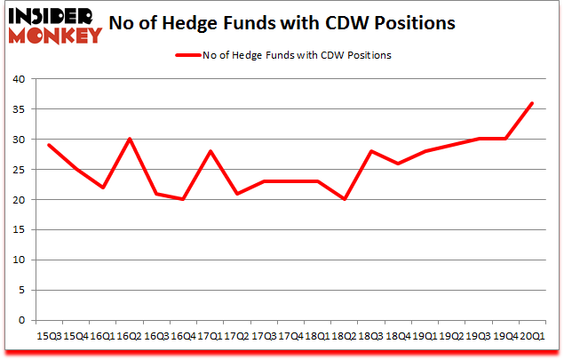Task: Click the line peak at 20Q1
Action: (531, 103)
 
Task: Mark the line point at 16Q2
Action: (130, 139)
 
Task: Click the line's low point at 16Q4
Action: (184, 199)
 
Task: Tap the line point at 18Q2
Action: (345, 199)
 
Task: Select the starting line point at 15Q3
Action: (50, 145)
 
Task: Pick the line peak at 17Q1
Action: (211, 151)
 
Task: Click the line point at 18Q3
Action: (371, 151)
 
